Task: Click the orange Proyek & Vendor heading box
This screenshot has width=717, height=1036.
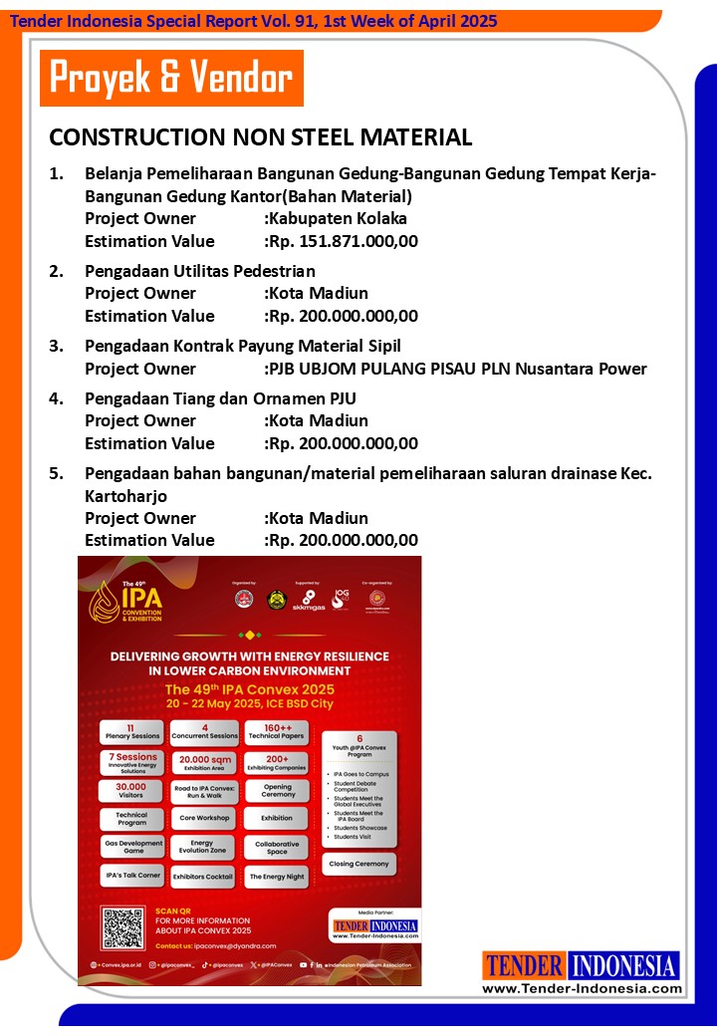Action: click(171, 78)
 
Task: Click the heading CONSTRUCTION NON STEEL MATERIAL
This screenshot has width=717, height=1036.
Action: click(261, 136)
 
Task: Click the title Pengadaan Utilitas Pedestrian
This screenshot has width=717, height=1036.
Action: click(200, 271)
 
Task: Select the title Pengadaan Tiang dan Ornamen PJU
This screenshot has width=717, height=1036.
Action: click(220, 398)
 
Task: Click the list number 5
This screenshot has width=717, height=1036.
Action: click(56, 473)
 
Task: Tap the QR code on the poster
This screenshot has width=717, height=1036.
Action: click(123, 927)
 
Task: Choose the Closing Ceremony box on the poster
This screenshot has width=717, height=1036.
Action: click(360, 865)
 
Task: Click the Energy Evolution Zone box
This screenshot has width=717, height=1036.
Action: click(203, 847)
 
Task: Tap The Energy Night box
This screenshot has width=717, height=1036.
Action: click(277, 877)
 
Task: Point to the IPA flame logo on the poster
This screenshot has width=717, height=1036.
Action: click(104, 601)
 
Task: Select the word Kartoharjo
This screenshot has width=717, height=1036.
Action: click(125, 495)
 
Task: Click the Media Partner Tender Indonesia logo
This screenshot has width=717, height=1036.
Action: click(374, 926)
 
